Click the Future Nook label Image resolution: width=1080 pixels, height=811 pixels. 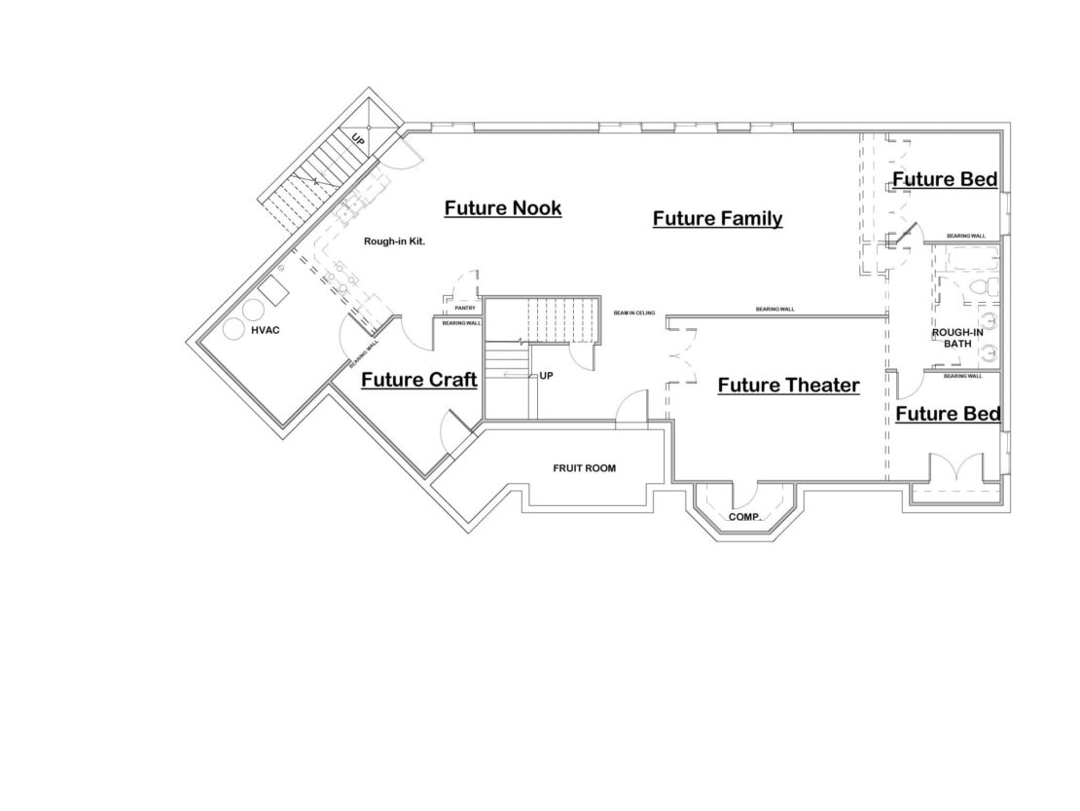point(503,207)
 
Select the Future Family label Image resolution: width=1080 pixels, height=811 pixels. point(717,218)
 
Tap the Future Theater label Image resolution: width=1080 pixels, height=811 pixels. point(788,386)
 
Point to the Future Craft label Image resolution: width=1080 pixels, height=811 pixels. point(418,380)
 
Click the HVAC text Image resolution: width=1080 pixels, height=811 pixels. point(265,330)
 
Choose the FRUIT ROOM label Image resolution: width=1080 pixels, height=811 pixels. point(584,468)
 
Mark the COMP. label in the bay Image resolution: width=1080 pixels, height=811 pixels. point(744,517)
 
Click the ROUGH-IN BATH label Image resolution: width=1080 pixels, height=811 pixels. point(957,338)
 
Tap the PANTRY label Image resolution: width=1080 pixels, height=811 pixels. point(464,309)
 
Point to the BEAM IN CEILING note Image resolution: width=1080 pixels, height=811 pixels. point(634,313)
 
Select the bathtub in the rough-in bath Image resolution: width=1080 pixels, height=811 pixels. point(964,260)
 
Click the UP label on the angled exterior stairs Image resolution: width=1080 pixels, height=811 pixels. point(358,139)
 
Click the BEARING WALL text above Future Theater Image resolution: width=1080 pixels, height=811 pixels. point(775,310)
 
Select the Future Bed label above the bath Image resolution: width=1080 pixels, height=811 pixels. point(945,179)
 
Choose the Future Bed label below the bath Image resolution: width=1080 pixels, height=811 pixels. point(947,414)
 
